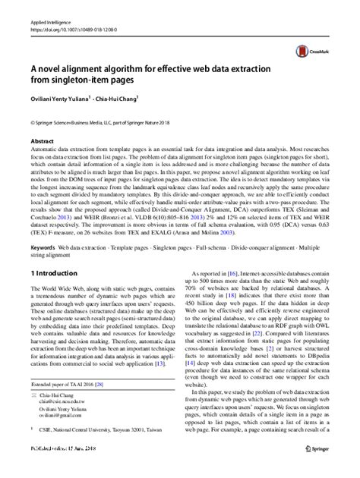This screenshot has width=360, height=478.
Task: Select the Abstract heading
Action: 42,140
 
